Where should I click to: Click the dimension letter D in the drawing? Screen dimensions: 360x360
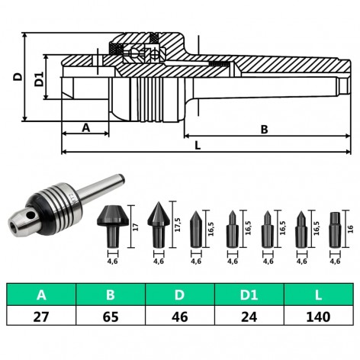coord(17,76)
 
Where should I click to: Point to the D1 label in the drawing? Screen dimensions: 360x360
coord(39,78)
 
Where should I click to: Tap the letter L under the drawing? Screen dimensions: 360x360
coord(197,144)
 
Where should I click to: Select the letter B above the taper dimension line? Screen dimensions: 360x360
coord(264,130)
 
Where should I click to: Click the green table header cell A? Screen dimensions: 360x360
coord(41,294)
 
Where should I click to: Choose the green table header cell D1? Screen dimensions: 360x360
coord(249,294)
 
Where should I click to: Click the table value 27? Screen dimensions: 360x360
coord(41,315)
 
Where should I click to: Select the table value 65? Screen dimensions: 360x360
coord(111,315)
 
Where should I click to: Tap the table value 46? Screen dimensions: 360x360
coord(180,315)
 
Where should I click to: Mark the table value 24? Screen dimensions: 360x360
coord(249,315)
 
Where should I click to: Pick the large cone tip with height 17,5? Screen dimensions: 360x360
coord(159,224)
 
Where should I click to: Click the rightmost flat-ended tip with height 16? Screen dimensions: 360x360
coord(333,229)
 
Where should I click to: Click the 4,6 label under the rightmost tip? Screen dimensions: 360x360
coord(334,262)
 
